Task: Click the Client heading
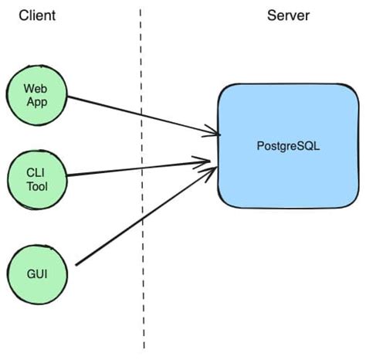click(38, 15)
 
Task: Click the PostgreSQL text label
click(287, 145)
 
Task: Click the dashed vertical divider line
click(141, 309)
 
